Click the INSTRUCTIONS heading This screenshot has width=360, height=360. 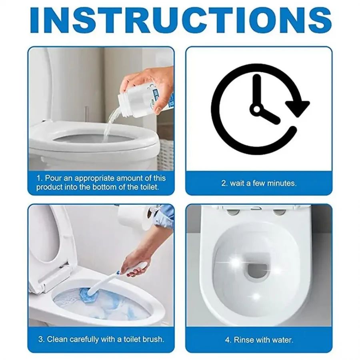pyautogui.click(x=181, y=21)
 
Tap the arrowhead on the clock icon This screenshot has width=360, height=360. pyautogui.click(x=298, y=107)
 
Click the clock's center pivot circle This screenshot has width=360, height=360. pyautogui.click(x=257, y=108)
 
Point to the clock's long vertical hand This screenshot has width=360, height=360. pyautogui.click(x=257, y=91)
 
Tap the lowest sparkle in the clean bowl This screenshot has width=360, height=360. pyautogui.click(x=256, y=296)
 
